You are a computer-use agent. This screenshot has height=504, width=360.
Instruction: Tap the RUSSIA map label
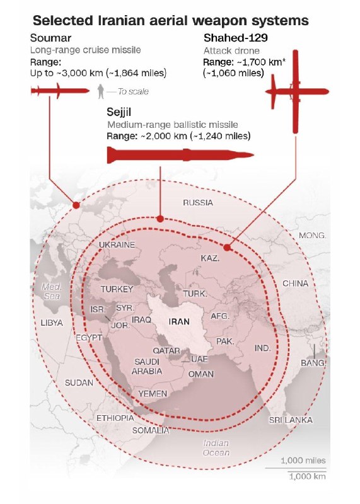pyautogui.click(x=198, y=203)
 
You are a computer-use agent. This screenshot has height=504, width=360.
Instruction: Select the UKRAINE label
pyautogui.click(x=117, y=244)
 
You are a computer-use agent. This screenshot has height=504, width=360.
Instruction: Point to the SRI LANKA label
pyautogui.click(x=291, y=420)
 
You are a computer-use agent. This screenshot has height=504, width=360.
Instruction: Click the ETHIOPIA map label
pyautogui.click(x=115, y=418)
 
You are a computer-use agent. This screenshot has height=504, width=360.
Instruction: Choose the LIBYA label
pyautogui.click(x=51, y=323)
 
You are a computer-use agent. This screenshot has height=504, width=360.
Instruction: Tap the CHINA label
pyautogui.click(x=295, y=283)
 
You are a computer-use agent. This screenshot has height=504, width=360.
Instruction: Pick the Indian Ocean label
pyautogui.click(x=216, y=448)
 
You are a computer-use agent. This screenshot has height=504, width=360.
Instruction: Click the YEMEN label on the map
pyautogui.click(x=153, y=394)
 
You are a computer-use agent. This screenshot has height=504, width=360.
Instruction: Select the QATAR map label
pyautogui.click(x=166, y=350)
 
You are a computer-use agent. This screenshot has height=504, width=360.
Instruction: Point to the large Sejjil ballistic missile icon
pyautogui.click(x=180, y=154)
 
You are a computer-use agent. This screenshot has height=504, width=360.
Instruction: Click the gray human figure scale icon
pyautogui.click(x=100, y=93)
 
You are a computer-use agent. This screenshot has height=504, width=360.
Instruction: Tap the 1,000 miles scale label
pyautogui.click(x=303, y=461)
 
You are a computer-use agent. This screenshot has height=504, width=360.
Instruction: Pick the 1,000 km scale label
pyautogui.click(x=307, y=476)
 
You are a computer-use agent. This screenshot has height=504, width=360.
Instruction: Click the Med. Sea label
pyautogui.click(x=50, y=290)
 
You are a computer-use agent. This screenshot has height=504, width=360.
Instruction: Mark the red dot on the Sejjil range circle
pyautogui.click(x=160, y=219)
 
